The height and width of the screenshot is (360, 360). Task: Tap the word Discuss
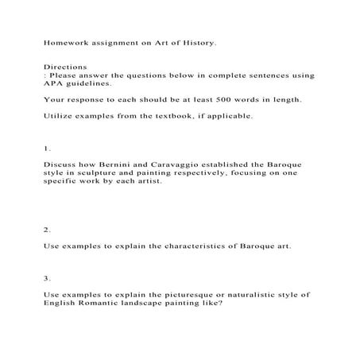tap(60, 164)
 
